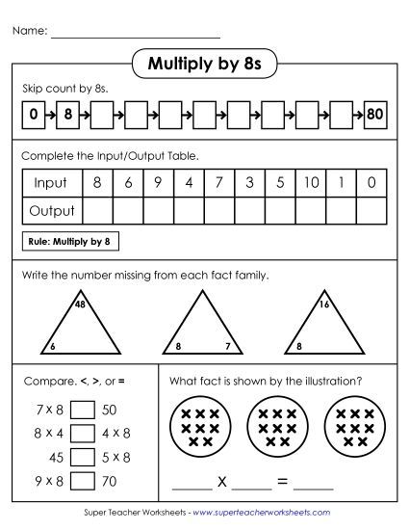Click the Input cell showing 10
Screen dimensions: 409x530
pyautogui.click(x=311, y=182)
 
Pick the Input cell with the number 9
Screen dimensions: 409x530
pyautogui.click(x=158, y=182)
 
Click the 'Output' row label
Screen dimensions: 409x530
pyautogui.click(x=52, y=210)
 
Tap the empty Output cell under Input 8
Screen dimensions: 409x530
pyautogui.click(x=97, y=210)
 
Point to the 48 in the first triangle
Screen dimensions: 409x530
pyautogui.click(x=81, y=305)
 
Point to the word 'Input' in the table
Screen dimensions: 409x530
pyautogui.click(x=50, y=182)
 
